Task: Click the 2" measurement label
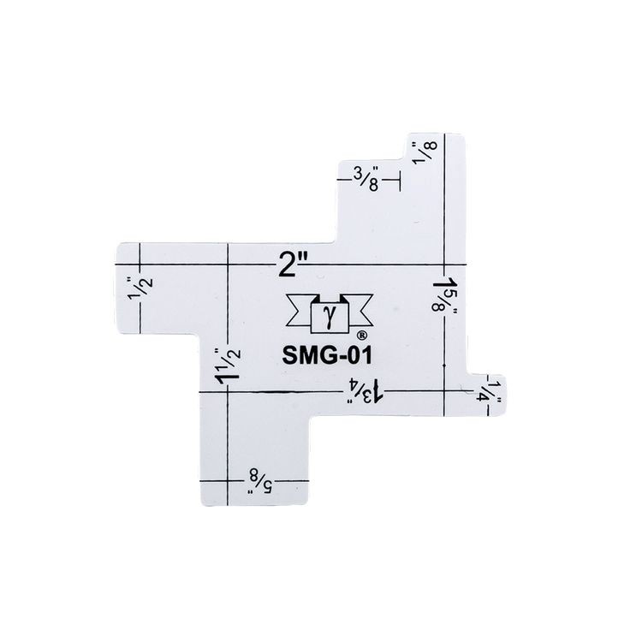coord(293,265)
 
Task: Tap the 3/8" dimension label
coord(366,179)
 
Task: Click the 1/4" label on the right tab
coord(490,391)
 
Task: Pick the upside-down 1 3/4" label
coord(366,391)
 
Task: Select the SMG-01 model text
coord(327,355)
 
